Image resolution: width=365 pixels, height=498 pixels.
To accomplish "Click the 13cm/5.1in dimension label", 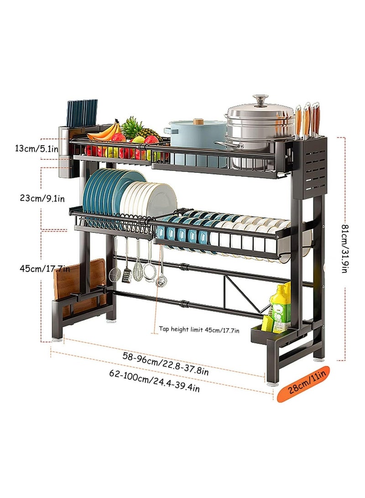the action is tap(36, 148).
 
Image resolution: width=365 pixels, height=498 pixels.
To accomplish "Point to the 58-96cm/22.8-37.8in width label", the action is tap(165, 364).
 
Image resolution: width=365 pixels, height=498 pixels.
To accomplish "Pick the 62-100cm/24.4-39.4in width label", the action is tap(155, 381).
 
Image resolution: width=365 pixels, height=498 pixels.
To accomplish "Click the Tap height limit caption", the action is tap(199, 330).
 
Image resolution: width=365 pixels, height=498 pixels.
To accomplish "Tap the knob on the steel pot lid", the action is tap(261, 100).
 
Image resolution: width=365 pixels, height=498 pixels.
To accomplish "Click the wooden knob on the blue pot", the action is tap(198, 121).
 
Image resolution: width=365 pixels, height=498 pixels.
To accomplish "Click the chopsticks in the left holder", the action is tap(82, 112).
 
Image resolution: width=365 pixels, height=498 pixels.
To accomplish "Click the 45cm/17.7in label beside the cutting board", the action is tap(45, 268).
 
